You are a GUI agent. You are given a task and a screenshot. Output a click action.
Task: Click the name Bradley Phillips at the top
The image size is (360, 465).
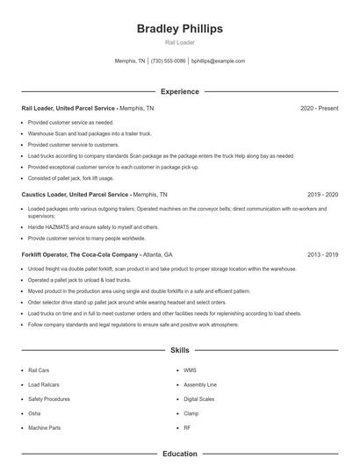180,28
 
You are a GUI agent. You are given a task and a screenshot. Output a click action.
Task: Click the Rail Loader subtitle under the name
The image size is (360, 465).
180,42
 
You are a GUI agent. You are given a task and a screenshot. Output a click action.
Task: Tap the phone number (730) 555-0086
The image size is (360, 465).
169,61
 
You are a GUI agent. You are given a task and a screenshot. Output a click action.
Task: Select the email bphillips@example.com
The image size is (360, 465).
218,61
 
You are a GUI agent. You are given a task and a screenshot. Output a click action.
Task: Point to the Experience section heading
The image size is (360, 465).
180,91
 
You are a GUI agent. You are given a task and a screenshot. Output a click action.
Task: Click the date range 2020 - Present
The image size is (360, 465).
319,108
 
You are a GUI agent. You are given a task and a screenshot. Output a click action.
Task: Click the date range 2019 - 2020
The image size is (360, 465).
322,194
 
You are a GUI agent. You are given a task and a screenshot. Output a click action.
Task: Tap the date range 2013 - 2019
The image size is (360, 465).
322,254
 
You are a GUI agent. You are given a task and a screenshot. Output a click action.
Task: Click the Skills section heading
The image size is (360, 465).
180,350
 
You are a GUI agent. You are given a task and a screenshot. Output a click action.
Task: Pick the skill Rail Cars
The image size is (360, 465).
39,370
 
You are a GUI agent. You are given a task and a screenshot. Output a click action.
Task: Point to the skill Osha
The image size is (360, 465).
34,412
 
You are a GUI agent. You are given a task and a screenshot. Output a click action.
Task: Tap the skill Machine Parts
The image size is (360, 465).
44,427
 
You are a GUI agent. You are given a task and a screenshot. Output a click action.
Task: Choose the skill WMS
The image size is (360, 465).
190,370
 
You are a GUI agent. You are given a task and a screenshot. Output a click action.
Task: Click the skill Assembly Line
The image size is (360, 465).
199,384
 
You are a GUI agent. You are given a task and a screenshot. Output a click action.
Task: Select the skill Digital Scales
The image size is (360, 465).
199,398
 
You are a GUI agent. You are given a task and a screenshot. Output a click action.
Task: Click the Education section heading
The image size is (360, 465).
180,454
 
